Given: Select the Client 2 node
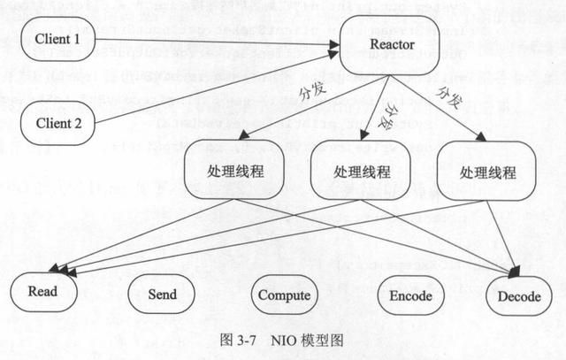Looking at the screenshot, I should click(57, 123).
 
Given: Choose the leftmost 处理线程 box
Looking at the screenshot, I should click(234, 171).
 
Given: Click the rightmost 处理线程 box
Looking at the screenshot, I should click(488, 171).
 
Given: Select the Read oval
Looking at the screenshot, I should click(42, 291).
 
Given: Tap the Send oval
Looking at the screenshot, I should click(163, 295).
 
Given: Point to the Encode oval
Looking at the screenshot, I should click(410, 295).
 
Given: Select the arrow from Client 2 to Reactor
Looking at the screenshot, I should click(212, 89).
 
